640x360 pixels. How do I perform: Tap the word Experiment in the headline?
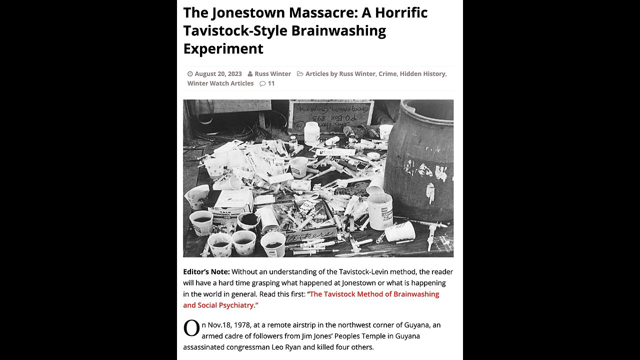[223, 48]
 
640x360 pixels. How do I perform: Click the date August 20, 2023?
[218, 73]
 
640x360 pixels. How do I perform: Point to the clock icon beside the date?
[190, 74]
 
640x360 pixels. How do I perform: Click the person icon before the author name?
[250, 74]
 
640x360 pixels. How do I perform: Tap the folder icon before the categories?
[300, 74]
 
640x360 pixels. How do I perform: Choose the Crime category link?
[387, 73]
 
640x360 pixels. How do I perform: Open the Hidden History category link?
[422, 73]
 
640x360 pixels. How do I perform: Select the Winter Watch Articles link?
[220, 83]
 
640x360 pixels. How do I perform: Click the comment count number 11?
[271, 83]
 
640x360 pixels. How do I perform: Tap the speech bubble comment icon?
[262, 83]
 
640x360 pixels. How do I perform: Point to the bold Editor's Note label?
[206, 271]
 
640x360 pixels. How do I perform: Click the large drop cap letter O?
[191, 329]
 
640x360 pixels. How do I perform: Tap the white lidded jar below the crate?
[312, 133]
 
